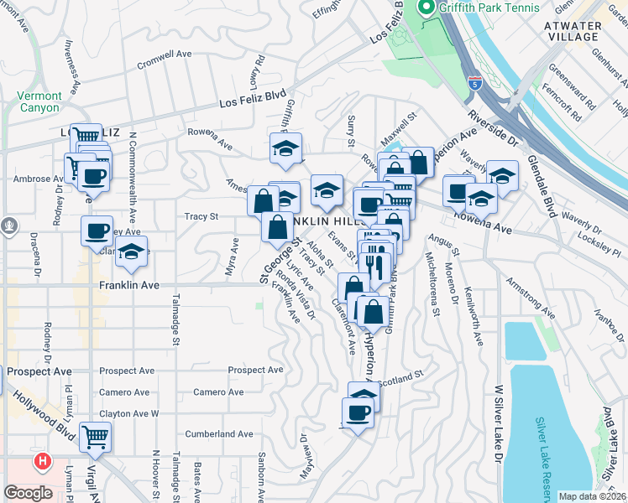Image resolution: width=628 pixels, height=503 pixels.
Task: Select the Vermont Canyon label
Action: (38, 101)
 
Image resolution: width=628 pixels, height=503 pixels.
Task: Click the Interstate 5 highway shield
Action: (474, 83)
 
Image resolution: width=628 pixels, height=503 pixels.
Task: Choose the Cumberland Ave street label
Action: (222, 434)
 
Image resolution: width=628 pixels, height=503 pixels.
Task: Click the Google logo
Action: (29, 493)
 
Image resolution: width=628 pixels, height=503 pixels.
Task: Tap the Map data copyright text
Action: (593, 496)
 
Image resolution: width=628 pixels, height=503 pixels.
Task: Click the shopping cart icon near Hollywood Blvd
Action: (96, 436)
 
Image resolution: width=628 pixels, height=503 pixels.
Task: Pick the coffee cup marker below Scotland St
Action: (358, 412)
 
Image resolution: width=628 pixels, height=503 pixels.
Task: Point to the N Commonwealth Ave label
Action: (133, 189)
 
